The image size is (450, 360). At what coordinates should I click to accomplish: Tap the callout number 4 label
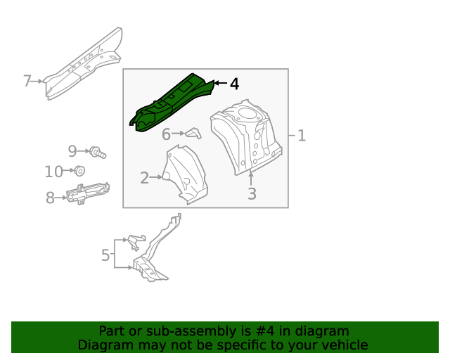coord(234,84)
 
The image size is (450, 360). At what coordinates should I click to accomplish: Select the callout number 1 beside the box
coord(301,136)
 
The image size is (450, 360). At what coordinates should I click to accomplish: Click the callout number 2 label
coord(144,179)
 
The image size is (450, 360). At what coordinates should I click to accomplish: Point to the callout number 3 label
coord(252,194)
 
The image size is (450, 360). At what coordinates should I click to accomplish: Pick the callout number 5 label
coord(105,255)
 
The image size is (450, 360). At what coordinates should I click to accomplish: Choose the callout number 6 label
coord(167,134)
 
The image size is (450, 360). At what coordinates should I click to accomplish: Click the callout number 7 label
coord(27,81)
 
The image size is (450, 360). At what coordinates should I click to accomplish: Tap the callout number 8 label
coord(50,198)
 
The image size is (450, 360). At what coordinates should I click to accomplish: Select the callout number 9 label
coord(72,150)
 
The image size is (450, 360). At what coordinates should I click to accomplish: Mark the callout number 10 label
coord(53,172)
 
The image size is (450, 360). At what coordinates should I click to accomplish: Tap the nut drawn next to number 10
coord(79,171)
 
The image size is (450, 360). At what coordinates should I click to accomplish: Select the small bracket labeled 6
coord(193,134)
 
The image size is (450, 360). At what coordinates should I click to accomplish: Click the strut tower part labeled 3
coord(247,137)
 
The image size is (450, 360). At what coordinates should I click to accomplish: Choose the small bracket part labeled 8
coord(88,193)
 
